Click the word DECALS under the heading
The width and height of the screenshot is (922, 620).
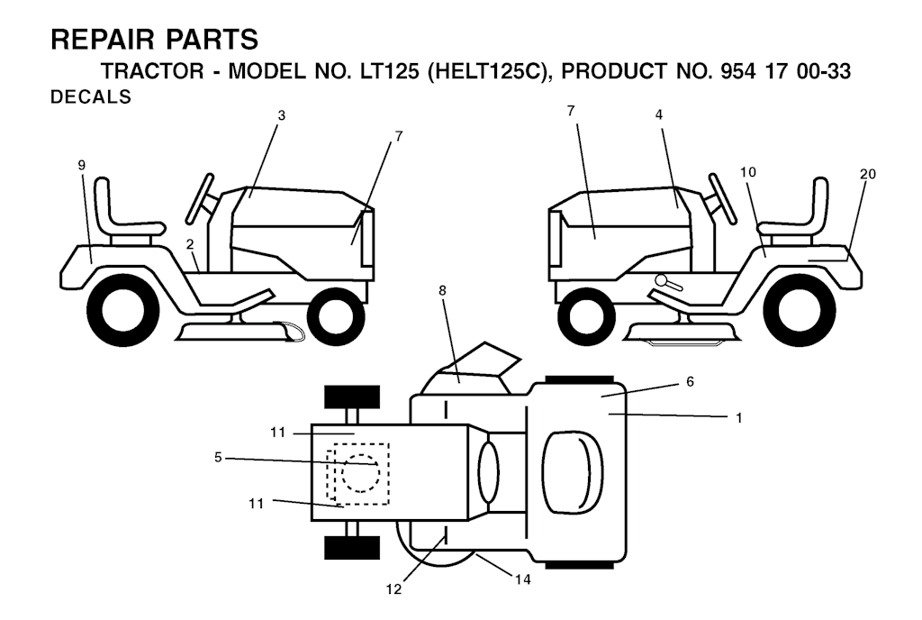coord(91,96)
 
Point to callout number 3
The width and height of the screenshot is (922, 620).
coord(281,115)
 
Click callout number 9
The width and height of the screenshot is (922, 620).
coord(82,165)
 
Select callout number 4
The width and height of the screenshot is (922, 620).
coord(659,114)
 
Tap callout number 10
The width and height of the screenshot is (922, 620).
coord(748,172)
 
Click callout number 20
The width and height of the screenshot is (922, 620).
coord(868,174)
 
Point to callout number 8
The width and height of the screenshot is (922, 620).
coord(442,290)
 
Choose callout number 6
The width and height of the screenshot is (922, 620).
coord(691,382)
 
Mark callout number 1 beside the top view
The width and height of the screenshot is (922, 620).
coord(739,417)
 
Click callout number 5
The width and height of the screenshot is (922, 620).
coord(218,457)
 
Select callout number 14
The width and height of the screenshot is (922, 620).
coord(523,579)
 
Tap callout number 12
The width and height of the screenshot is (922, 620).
coord(393,588)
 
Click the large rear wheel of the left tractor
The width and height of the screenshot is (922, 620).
coord(122,310)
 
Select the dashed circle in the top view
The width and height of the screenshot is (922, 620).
coord(360,473)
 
